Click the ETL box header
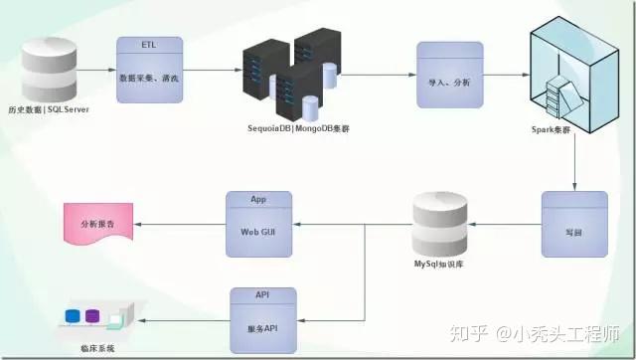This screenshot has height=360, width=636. [148, 45]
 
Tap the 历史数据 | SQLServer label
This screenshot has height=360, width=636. [48, 108]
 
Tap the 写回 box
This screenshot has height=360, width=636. [573, 232]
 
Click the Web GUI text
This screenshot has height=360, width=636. [258, 232]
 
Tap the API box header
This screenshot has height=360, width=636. [263, 295]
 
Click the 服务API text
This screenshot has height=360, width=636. [263, 326]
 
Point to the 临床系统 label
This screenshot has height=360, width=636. [97, 349]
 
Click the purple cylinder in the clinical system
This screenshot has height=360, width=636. [92, 317]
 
